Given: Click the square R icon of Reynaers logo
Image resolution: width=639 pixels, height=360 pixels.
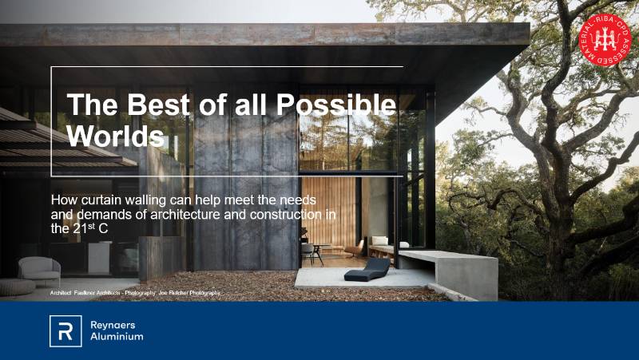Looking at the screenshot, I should (65, 330).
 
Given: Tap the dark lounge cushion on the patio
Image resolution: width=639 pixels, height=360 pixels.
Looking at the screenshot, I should (367, 269).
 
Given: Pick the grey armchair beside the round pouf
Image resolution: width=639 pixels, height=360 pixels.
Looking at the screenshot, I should (39, 269).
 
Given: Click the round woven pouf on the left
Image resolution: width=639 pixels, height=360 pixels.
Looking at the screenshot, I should (16, 286).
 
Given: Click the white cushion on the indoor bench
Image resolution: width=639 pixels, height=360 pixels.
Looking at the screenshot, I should (380, 240).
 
